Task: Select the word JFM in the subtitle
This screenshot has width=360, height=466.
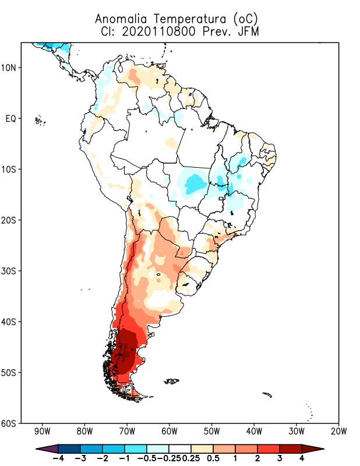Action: (247, 31)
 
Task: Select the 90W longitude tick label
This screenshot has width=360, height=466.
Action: (42, 432)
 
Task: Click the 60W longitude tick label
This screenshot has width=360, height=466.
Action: (170, 432)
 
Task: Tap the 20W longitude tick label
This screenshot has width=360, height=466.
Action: (339, 432)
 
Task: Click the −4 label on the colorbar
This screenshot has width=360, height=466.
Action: (58, 458)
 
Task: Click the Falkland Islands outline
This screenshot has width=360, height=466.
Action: (172, 382)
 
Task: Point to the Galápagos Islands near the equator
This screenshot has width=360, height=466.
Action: (39, 121)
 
